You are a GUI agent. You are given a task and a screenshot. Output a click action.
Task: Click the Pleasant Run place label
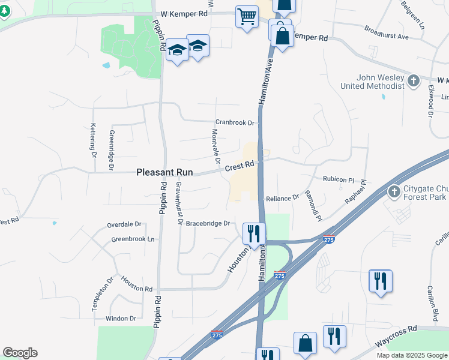(164, 172)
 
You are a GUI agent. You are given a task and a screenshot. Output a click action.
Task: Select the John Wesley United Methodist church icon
(413, 80)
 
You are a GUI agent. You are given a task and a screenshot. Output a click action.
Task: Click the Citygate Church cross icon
(394, 191)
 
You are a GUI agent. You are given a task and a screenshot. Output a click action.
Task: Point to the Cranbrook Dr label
(236, 122)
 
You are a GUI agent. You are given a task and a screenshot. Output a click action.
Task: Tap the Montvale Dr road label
(215, 146)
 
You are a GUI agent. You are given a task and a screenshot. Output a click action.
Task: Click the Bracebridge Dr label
(208, 223)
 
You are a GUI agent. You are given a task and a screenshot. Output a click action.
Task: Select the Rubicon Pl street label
(340, 179)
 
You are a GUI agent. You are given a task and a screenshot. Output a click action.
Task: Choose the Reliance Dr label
(282, 197)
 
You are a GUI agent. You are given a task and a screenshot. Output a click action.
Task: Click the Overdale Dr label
(124, 224)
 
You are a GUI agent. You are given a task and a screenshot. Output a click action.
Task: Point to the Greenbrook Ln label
(133, 239)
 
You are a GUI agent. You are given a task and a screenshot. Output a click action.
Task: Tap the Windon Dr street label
(121, 318)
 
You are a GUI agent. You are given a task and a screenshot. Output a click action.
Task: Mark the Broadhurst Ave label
(386, 32)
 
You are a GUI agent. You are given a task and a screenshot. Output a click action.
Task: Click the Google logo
(20, 353)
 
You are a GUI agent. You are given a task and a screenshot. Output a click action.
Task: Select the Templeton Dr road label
(95, 295)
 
